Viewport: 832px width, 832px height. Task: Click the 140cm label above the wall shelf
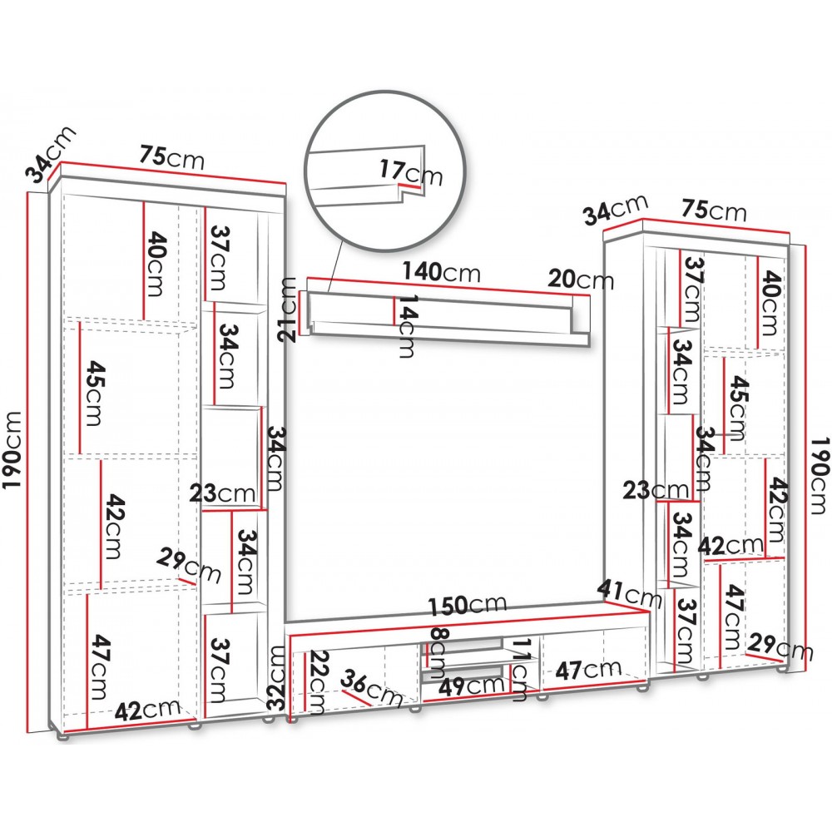(x=442, y=272)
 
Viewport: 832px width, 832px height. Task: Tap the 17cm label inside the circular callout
(x=411, y=173)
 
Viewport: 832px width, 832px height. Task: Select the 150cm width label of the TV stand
(x=468, y=606)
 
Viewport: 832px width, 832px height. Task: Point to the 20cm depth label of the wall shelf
(x=581, y=279)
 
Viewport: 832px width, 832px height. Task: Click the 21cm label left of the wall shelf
(x=289, y=310)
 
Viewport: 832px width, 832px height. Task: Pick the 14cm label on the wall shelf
(x=407, y=326)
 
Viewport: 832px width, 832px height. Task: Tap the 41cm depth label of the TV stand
(x=630, y=594)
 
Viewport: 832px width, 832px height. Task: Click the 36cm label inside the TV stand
(x=371, y=688)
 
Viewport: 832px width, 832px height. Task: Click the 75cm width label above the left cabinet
(x=172, y=156)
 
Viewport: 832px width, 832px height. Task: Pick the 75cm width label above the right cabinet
(x=714, y=210)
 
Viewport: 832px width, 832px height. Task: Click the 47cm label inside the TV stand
(x=588, y=670)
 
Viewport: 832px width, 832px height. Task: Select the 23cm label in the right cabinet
(x=656, y=490)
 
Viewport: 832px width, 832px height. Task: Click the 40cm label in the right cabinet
(x=770, y=303)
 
